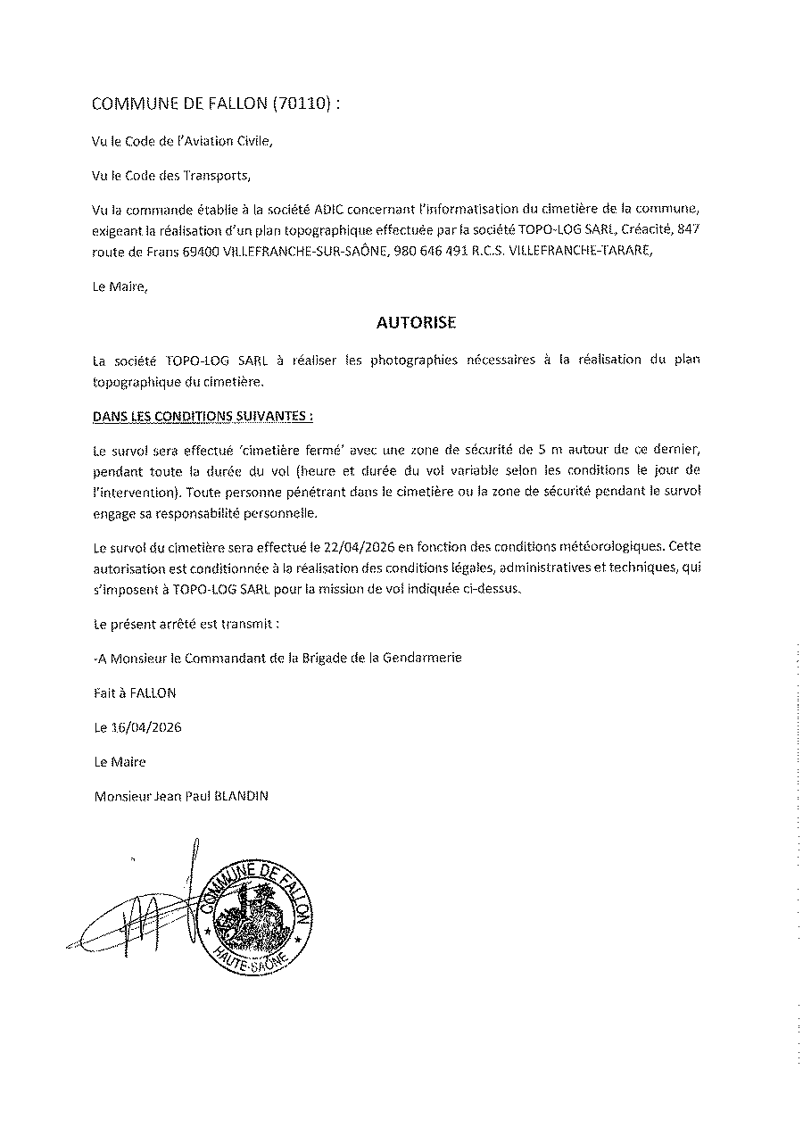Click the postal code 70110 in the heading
tap(303, 104)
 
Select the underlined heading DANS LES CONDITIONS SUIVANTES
tap(203, 416)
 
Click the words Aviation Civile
tap(223, 141)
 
